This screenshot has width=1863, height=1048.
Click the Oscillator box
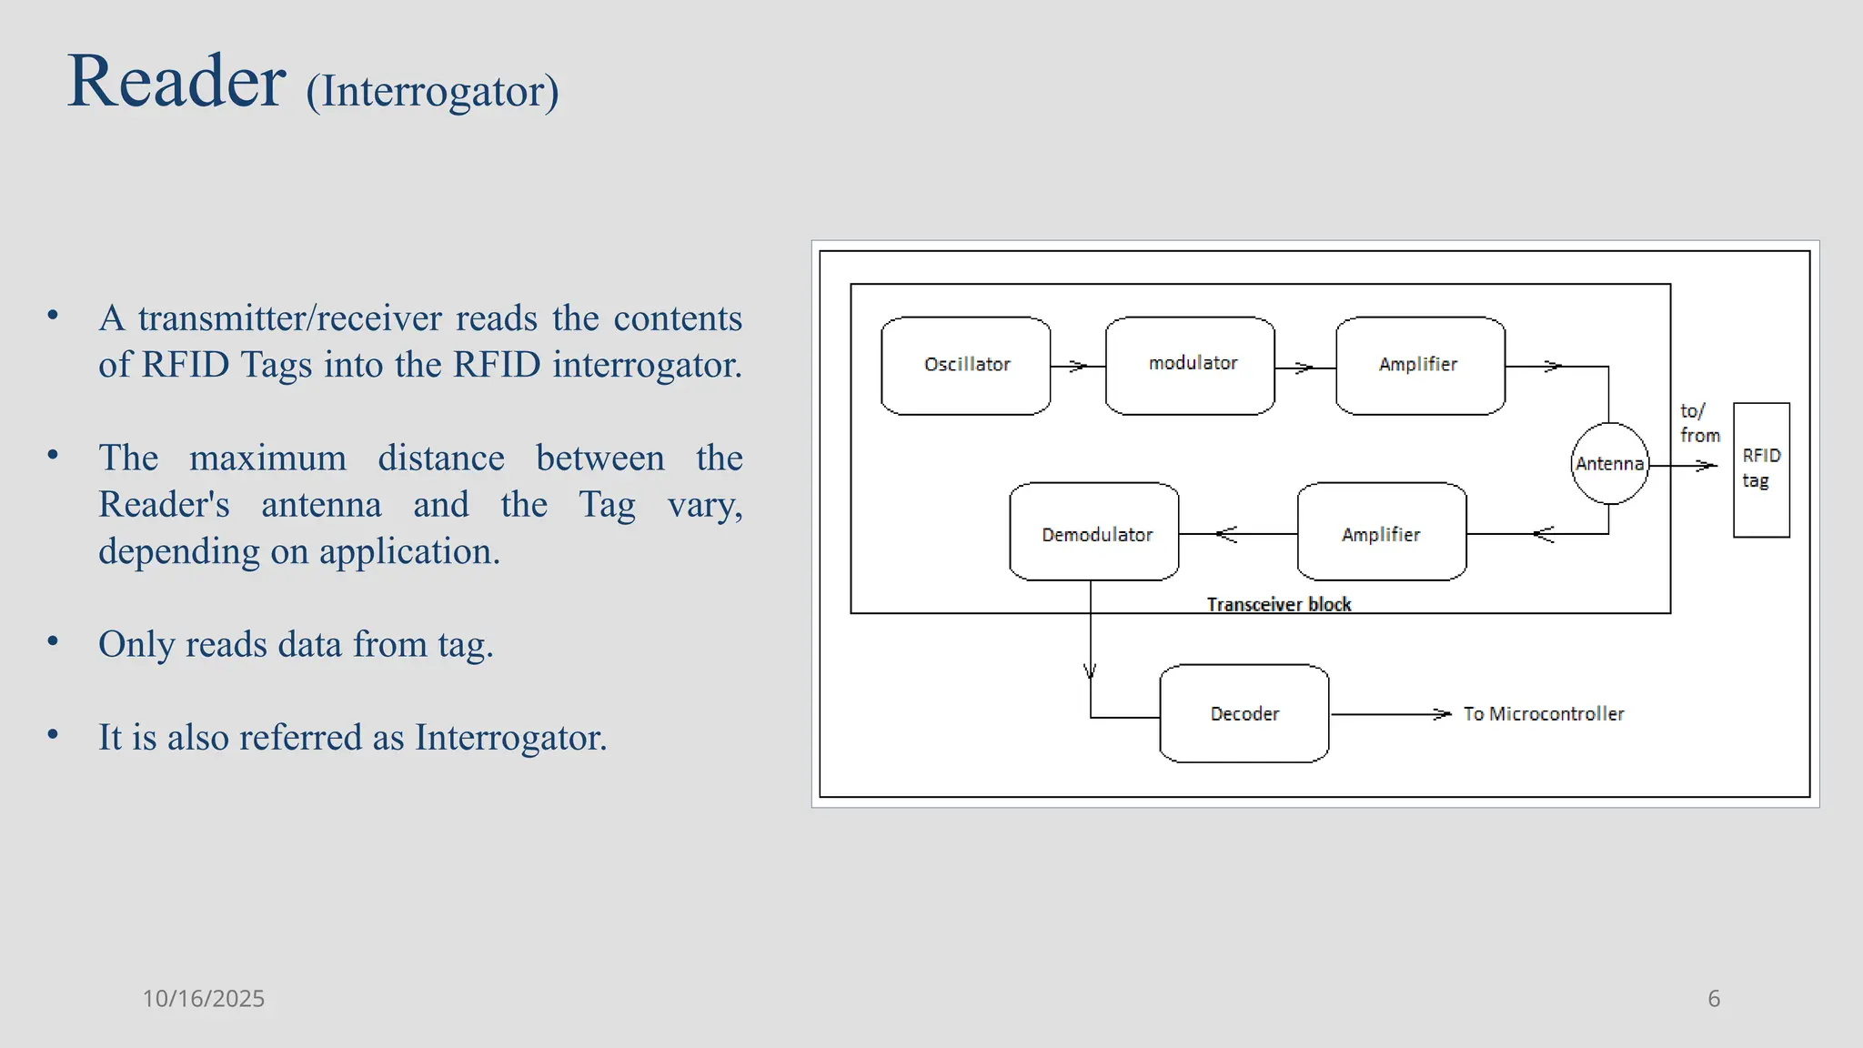coord(965,366)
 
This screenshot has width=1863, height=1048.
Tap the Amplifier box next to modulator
coord(1419,366)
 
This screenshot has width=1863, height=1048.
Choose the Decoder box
coord(1244,713)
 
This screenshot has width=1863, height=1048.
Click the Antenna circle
coord(1609,464)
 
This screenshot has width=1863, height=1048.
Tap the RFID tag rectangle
coord(1761,469)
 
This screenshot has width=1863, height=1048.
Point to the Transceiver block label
coord(1278,605)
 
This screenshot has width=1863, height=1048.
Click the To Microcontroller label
coord(1543,714)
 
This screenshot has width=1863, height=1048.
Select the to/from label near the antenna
coord(1698,424)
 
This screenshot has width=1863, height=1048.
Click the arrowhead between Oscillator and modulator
coord(1079,367)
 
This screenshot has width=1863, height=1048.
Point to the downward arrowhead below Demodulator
coord(1090,672)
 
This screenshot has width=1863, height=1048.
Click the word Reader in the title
coord(176,82)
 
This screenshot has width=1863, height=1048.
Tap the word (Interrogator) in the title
coord(432,92)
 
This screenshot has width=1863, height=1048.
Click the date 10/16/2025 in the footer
coord(203,999)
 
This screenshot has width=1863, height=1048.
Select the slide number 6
coord(1714,999)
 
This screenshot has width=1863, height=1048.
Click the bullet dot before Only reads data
coord(53,641)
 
